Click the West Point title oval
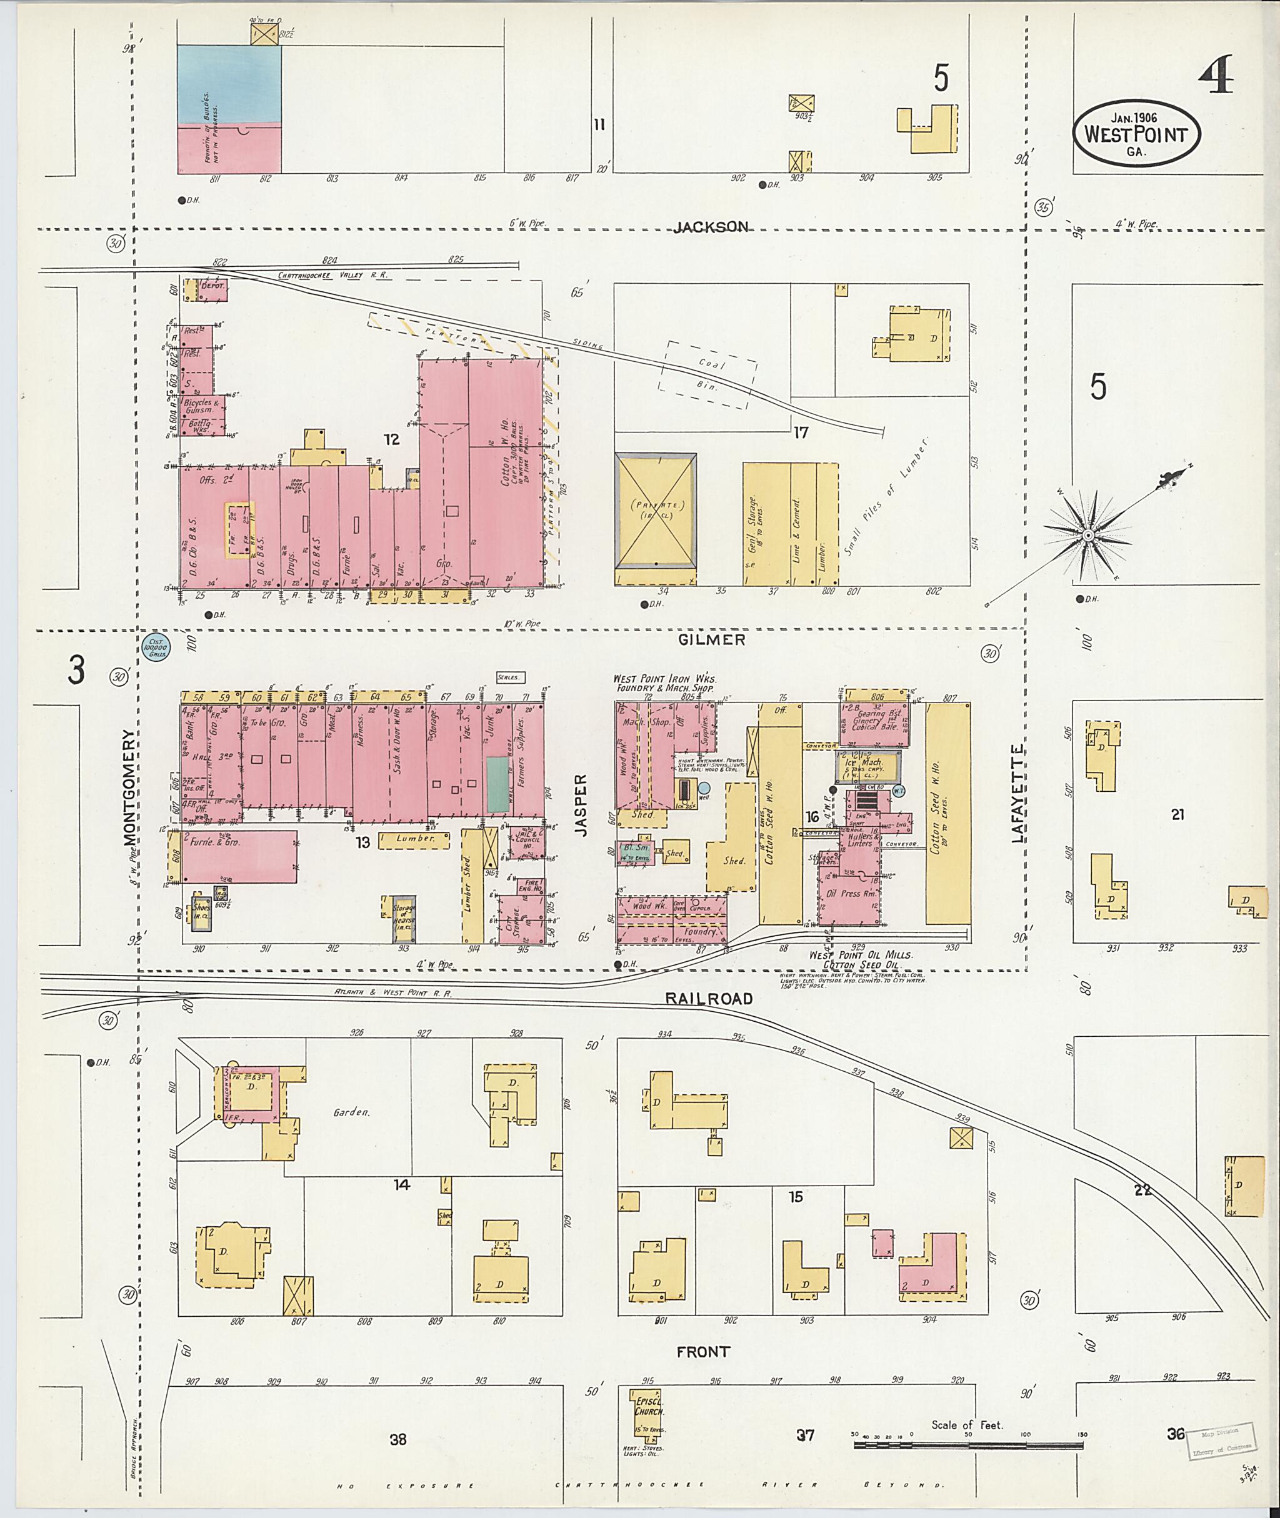click(1136, 134)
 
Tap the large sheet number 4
click(1216, 77)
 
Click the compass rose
click(1087, 536)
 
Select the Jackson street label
click(711, 227)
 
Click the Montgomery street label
click(130, 788)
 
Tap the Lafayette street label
click(1017, 793)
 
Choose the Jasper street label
click(581, 806)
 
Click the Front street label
click(702, 1352)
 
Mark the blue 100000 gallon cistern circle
click(156, 647)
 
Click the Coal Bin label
click(707, 374)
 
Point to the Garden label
click(352, 1112)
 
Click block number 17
click(801, 432)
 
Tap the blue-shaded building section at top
click(229, 84)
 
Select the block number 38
click(397, 1439)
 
